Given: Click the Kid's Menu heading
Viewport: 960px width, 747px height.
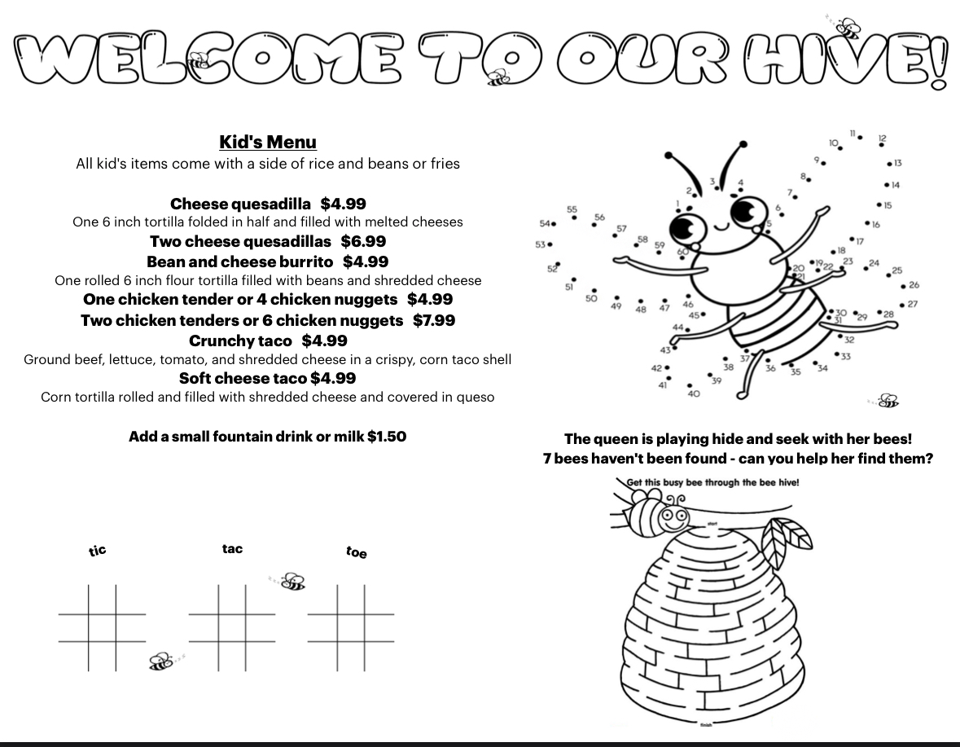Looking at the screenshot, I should (268, 143).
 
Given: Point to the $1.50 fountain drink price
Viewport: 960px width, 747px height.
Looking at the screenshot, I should (387, 437).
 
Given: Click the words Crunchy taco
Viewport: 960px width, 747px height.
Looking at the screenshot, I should (240, 341).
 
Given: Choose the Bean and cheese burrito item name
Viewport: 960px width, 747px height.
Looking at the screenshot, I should (239, 261).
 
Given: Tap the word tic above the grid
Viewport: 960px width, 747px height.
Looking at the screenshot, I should (98, 551).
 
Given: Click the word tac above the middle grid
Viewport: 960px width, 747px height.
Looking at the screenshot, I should (232, 549).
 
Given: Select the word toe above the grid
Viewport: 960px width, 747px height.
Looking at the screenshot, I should (357, 552).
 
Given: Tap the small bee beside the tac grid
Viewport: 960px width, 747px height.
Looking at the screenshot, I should (292, 582).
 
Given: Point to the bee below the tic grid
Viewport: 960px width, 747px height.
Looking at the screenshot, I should (161, 661).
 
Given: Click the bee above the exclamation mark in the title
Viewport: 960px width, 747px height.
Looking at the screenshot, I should (848, 28).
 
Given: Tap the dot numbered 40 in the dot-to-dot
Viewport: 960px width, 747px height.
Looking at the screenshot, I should (690, 385).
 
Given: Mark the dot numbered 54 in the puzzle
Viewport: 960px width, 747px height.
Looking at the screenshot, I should (555, 224).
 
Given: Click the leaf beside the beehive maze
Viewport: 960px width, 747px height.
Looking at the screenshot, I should (792, 536).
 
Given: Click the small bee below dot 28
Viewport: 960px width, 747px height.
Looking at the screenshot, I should (888, 401).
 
